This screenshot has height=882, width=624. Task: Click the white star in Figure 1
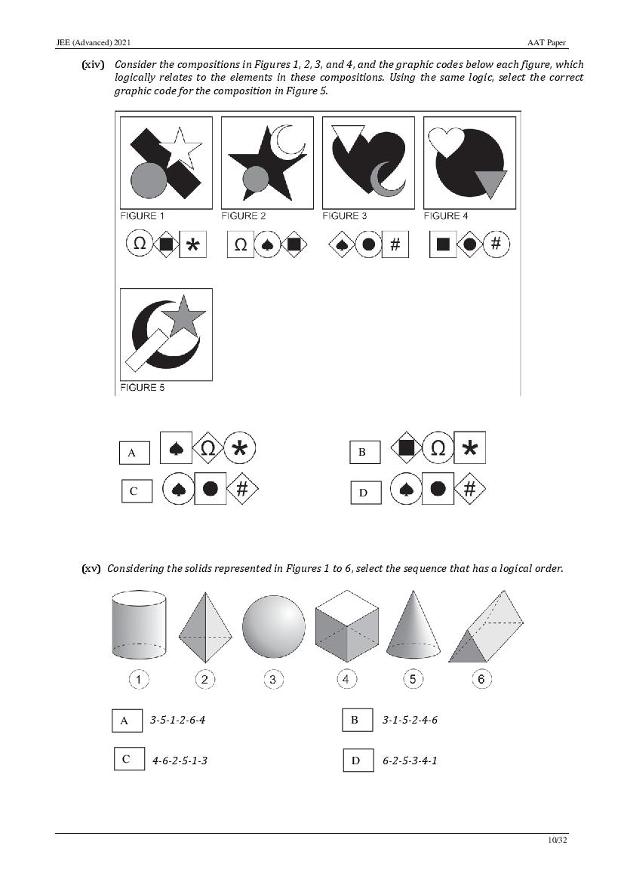click(180, 147)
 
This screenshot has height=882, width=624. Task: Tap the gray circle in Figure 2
click(256, 179)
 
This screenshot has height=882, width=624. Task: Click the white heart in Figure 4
click(447, 141)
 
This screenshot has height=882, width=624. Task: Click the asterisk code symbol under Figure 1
click(193, 244)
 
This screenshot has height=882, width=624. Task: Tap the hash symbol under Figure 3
click(395, 244)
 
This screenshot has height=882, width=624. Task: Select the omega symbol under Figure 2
click(241, 244)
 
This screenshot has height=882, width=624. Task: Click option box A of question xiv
click(134, 452)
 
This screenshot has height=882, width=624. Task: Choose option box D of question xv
click(358, 761)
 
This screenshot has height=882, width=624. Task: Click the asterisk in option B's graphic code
click(470, 447)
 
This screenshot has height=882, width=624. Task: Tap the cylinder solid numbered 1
click(139, 625)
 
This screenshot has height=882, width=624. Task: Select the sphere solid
click(273, 627)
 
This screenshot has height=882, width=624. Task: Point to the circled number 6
click(481, 680)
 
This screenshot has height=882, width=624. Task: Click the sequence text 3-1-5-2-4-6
click(410, 720)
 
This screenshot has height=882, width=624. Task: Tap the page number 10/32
click(558, 840)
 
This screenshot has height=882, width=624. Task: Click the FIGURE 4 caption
click(446, 216)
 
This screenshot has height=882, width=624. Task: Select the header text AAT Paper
click(546, 43)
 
